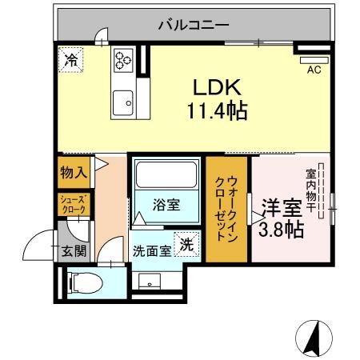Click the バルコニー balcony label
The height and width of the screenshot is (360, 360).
[194, 26]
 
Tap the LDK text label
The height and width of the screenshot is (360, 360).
[217, 87]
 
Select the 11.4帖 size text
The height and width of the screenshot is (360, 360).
[218, 110]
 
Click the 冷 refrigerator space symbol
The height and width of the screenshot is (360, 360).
[71, 60]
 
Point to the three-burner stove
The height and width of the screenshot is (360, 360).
[123, 60]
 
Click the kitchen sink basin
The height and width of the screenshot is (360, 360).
[123, 103]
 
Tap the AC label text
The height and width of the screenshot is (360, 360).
[314, 70]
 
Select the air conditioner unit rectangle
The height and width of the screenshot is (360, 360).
[314, 60]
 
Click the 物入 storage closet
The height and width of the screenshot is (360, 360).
[74, 172]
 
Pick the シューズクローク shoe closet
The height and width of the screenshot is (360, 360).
[74, 204]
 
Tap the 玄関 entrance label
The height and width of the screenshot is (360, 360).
[74, 250]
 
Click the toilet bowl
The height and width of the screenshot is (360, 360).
[85, 283]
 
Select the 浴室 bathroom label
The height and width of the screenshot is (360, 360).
[166, 205]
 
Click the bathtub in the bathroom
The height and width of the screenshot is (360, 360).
[166, 174]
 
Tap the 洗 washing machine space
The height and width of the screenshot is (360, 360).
[186, 244]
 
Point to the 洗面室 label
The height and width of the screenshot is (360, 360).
[152, 250]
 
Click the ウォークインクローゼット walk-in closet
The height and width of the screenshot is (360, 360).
[226, 209]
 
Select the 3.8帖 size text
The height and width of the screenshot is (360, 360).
[282, 230]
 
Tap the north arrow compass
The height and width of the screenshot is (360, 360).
[314, 338]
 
